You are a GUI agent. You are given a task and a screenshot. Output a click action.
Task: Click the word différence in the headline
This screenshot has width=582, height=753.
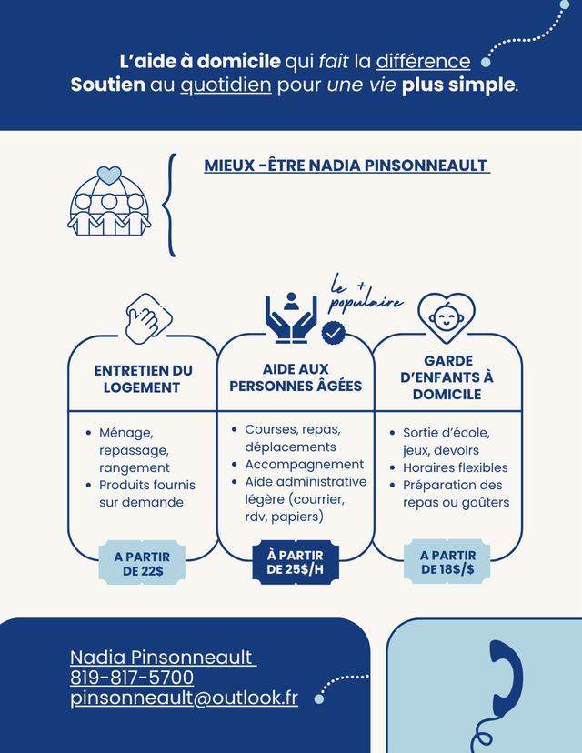pos(423,61)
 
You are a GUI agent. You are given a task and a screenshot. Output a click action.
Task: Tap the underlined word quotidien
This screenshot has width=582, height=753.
pos(226,85)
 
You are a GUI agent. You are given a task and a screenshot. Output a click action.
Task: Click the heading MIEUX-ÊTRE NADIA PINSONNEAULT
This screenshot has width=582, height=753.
pos(346,166)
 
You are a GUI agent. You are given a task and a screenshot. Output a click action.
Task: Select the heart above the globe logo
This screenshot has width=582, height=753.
pos(109,176)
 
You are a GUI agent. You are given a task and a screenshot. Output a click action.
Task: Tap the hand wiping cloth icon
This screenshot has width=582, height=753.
pos(148,318)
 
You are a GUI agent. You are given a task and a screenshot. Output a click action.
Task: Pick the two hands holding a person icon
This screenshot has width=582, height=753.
pos(291,318)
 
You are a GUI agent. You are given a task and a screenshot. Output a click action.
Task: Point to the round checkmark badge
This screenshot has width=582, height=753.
pos(333,333)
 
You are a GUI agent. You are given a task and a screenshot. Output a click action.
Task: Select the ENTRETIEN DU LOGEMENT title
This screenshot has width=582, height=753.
pos(143,379)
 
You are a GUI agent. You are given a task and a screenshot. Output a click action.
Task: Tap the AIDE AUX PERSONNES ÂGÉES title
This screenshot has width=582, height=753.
pos(296,377)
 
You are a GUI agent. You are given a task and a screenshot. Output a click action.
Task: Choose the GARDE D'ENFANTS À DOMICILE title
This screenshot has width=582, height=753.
pos(447,377)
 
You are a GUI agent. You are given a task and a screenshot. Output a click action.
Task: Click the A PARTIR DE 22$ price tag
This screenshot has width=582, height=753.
pos(142,564)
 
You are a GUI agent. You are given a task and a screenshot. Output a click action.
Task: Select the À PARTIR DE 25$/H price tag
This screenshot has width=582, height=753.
pos(296,562)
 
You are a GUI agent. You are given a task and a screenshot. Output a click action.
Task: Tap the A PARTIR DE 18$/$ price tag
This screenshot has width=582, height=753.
pos(447,562)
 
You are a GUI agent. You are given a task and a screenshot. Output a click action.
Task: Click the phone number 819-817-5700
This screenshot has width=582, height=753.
pos(132,678)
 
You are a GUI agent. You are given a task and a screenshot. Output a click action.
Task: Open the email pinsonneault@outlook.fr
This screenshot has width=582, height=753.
pos(184,698)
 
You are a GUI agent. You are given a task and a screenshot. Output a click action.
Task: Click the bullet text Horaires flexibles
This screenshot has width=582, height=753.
pos(456,467)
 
